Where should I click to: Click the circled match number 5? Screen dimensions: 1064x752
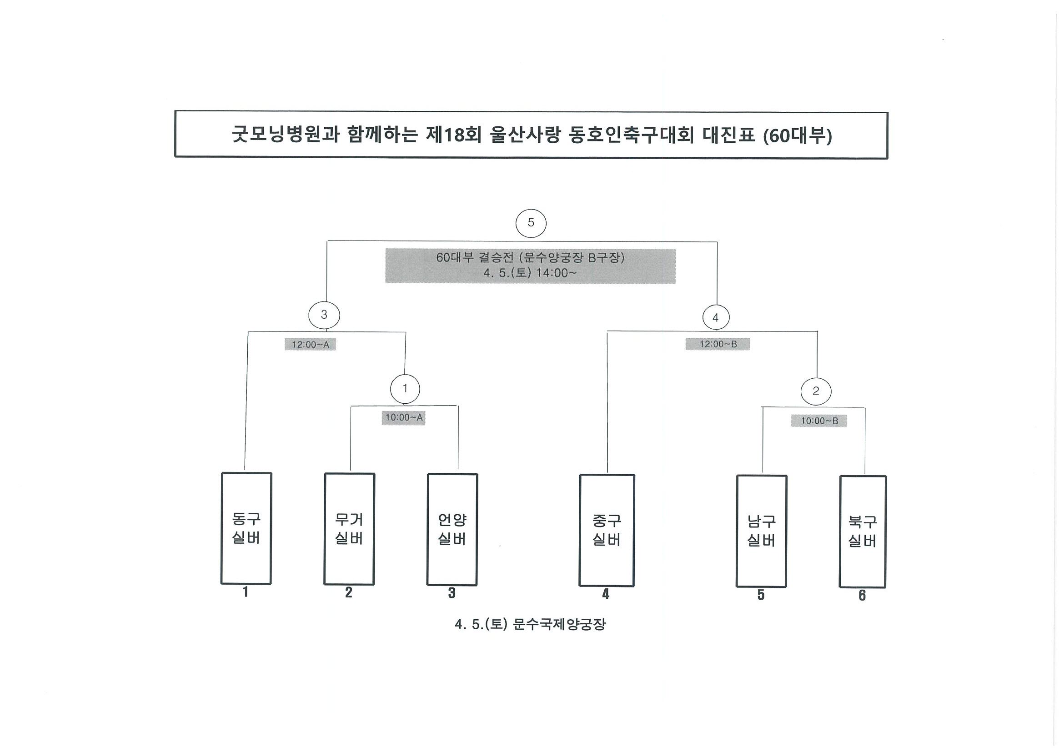[531, 223]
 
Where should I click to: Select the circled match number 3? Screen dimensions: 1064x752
[324, 315]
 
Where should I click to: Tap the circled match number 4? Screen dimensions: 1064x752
[716, 317]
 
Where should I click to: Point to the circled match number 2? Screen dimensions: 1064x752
[816, 391]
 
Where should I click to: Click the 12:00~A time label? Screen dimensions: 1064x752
[310, 344]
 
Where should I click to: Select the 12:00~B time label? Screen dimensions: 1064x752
[718, 344]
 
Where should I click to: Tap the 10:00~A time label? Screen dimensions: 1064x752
[404, 417]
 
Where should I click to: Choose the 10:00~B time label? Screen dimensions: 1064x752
[819, 421]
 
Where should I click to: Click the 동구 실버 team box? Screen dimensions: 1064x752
[246, 528]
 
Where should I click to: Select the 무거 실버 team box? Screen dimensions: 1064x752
[349, 529]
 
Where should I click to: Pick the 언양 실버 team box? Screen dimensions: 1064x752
[452, 529]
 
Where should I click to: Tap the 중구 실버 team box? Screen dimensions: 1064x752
[607, 530]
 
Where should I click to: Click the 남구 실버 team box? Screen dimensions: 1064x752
[761, 531]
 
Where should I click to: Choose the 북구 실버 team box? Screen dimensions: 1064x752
[863, 531]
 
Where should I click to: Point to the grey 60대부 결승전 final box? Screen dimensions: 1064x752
[530, 266]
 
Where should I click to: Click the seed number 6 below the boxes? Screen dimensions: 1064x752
[862, 596]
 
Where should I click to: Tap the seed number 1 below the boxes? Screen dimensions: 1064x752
[246, 592]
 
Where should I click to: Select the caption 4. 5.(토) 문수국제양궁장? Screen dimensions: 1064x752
[530, 625]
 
